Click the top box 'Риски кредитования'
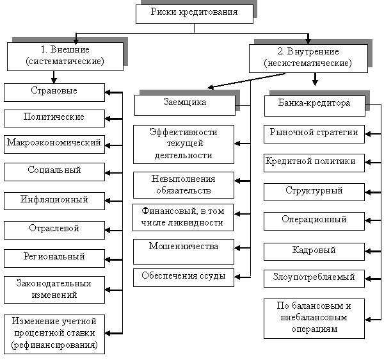coord(194,12)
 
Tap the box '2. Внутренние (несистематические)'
coord(308,58)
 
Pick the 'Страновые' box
coord(54,91)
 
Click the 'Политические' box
coord(54,117)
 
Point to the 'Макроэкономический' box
coord(54,143)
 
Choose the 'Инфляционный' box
coord(54,200)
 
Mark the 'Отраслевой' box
coord(54,228)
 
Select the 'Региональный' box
coord(54,256)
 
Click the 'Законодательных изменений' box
coord(54,289)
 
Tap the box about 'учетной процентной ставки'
coord(54,333)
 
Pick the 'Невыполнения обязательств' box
coord(184,184)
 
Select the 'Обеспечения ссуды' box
coord(184,277)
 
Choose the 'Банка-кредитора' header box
coord(314,104)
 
